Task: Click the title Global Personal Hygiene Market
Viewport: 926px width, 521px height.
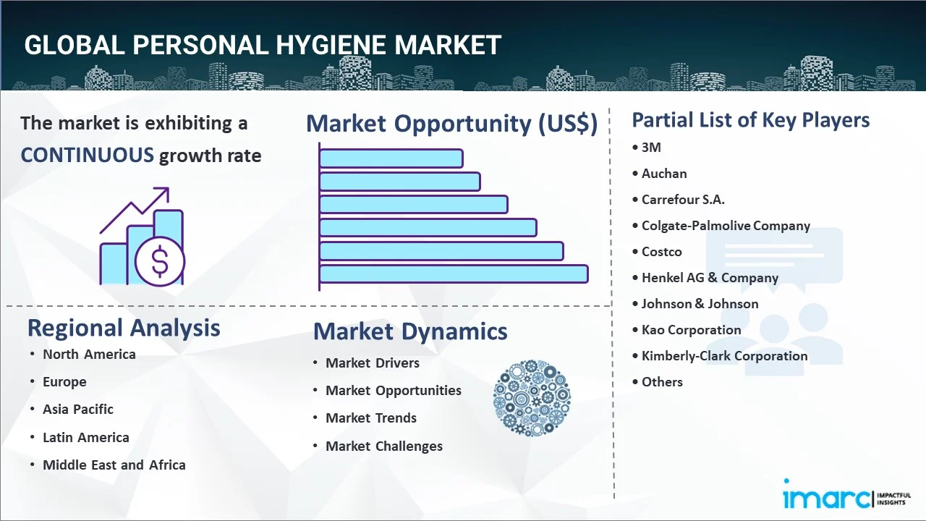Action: point(262,46)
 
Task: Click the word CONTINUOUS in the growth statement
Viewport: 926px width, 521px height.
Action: point(87,155)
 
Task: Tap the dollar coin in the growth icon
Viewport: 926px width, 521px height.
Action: point(160,261)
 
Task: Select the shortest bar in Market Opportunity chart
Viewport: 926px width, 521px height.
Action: point(391,158)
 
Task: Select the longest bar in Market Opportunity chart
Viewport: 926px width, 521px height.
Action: point(454,274)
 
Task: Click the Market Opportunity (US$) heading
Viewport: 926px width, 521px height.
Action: point(451,124)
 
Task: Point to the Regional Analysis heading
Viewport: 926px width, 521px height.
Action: point(124,328)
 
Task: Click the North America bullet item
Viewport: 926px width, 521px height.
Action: point(89,354)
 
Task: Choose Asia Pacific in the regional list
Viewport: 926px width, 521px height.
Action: point(78,409)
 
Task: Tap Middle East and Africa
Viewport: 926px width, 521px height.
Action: point(114,465)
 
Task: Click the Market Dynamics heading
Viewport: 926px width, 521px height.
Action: point(410,331)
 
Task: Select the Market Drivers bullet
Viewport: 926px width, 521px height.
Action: point(372,363)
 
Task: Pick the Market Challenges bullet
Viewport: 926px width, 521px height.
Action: point(383,446)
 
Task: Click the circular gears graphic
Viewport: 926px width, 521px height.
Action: point(532,398)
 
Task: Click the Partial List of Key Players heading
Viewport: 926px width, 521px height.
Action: point(750,119)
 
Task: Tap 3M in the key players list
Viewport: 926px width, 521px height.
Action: point(651,148)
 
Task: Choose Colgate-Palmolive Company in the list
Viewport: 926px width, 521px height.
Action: point(726,226)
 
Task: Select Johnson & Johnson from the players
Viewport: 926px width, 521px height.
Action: point(700,304)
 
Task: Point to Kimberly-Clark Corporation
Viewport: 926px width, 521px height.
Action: point(724,356)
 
